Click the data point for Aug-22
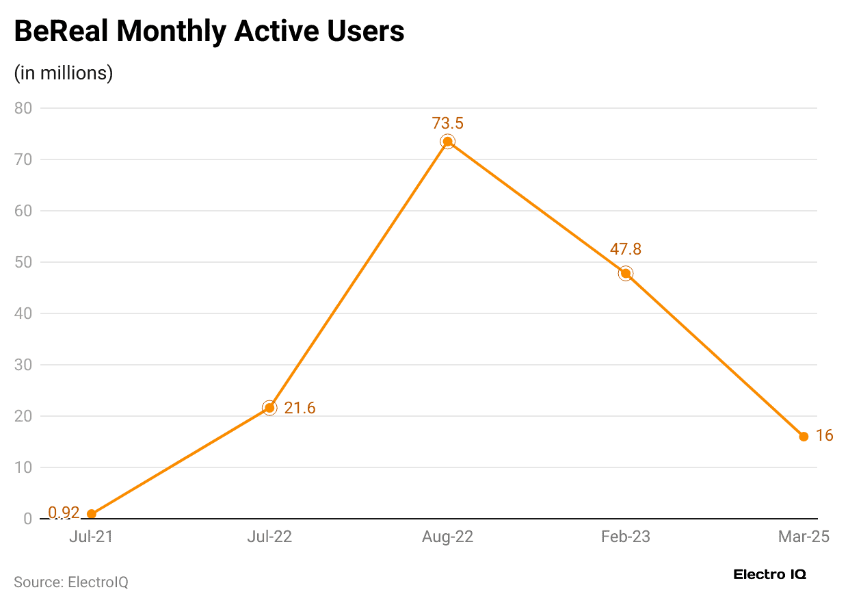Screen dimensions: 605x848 [448, 142]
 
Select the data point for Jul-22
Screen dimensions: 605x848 [269, 408]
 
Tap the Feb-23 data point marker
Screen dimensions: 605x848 [625, 274]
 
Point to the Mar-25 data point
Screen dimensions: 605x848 [804, 437]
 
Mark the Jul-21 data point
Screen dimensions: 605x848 [92, 514]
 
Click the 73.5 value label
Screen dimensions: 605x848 [448, 123]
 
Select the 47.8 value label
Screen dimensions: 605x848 [625, 249]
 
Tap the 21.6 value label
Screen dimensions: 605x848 [300, 409]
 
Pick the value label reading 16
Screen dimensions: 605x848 [824, 435]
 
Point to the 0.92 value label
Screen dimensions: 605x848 [64, 513]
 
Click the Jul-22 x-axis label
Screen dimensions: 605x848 [269, 537]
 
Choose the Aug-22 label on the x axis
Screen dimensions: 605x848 [448, 537]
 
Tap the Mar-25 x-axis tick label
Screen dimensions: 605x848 [804, 537]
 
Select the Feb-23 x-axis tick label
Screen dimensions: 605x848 [625, 537]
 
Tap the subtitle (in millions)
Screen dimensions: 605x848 [64, 73]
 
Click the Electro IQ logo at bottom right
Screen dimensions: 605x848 [769, 574]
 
